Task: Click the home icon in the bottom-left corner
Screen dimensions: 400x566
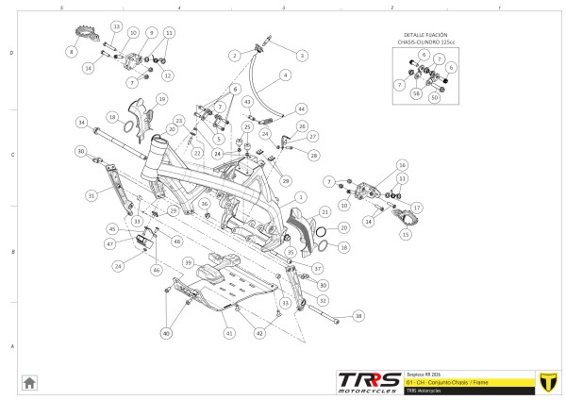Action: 30,382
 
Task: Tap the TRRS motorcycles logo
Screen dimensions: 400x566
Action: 368,380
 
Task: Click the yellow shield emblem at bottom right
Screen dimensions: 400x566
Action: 543,381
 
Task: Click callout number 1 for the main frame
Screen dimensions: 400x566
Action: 301,196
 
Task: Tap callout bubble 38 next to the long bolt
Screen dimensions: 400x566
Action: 358,316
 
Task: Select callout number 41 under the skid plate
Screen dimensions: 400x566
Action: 228,334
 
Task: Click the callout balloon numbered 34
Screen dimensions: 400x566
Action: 82,123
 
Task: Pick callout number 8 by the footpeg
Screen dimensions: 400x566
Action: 72,53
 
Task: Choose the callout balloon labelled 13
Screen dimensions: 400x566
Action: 116,25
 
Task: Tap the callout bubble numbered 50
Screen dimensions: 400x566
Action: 435,97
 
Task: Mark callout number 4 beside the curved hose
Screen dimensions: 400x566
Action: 285,75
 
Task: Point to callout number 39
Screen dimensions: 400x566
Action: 189,262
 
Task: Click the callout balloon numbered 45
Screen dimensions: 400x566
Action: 112,228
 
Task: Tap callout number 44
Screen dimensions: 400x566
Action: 301,109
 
